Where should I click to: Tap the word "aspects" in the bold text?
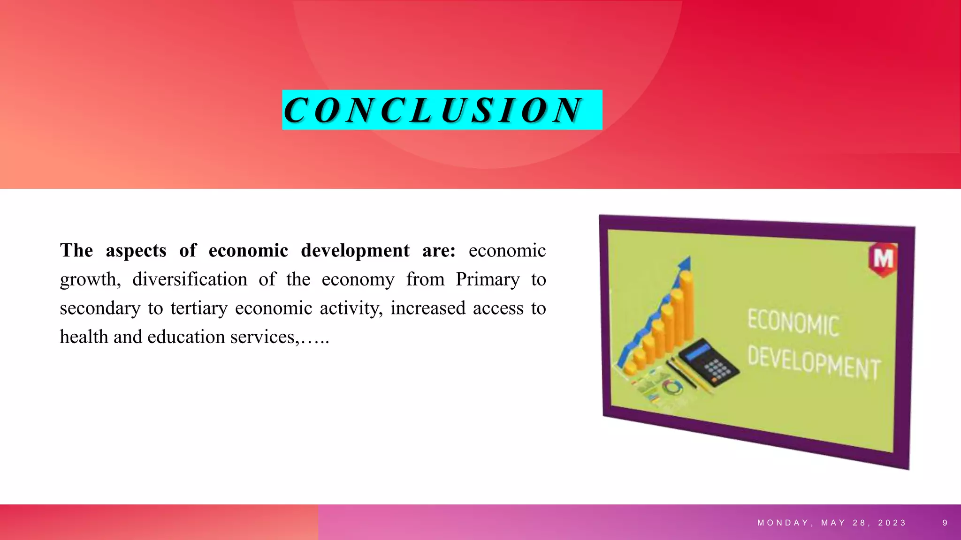tap(136, 251)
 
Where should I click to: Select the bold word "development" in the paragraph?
tap(355, 251)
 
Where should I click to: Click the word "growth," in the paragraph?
tap(90, 280)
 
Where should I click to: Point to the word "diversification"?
tap(190, 279)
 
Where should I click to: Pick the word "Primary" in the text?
tap(488, 279)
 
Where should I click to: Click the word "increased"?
tap(428, 308)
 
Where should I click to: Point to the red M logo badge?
tap(883, 259)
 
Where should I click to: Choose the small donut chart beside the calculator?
tap(673, 387)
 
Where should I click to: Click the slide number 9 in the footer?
tap(945, 523)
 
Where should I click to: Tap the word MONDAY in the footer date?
tap(783, 523)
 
